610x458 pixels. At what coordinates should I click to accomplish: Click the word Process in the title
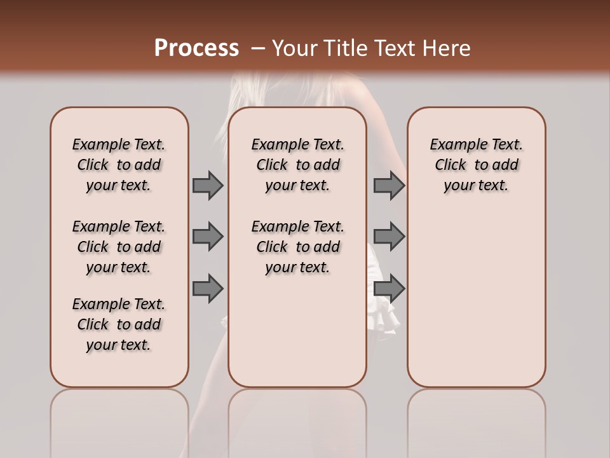[196, 48]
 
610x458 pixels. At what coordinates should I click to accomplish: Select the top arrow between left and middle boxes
[208, 185]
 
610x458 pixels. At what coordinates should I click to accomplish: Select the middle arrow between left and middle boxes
[208, 237]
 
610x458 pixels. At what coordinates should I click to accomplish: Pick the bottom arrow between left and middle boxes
[208, 289]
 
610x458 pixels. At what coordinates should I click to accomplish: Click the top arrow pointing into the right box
[389, 185]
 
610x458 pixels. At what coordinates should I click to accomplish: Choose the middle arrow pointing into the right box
[389, 237]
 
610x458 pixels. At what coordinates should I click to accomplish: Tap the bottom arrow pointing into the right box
[389, 289]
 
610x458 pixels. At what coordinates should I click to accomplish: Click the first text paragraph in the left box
[119, 165]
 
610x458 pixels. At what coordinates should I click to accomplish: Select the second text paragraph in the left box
[119, 247]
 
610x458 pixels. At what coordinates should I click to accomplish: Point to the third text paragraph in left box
[119, 324]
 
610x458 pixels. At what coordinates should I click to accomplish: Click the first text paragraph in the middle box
[297, 165]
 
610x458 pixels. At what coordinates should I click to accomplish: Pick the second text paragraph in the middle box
[297, 247]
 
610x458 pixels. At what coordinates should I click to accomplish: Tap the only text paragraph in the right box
[477, 165]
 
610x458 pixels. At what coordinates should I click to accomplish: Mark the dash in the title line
[258, 48]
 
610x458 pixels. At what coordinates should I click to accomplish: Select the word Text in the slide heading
[392, 48]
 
